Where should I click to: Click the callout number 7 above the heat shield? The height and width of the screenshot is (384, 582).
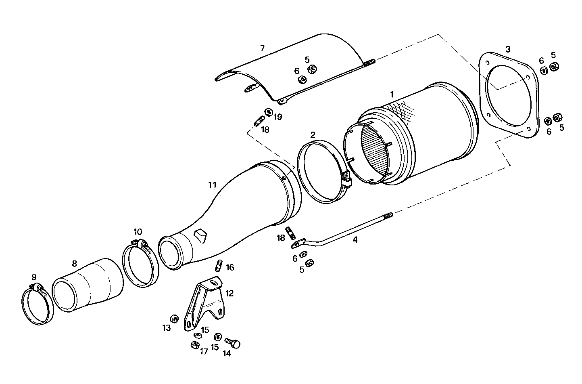pyautogui.click(x=262, y=48)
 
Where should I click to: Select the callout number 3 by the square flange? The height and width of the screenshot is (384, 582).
pyautogui.click(x=508, y=49)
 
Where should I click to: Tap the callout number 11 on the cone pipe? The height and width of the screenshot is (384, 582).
pyautogui.click(x=212, y=185)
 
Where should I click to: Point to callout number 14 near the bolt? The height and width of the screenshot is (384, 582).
pyautogui.click(x=227, y=353)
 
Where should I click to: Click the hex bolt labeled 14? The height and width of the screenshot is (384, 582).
pyautogui.click(x=233, y=343)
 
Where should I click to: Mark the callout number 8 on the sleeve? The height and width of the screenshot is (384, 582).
pyautogui.click(x=74, y=264)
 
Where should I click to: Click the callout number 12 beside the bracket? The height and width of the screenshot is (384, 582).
pyautogui.click(x=229, y=293)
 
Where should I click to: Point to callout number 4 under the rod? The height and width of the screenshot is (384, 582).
pyautogui.click(x=355, y=239)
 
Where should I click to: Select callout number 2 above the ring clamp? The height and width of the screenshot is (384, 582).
pyautogui.click(x=313, y=134)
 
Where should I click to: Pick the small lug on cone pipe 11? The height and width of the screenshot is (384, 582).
pyautogui.click(x=200, y=235)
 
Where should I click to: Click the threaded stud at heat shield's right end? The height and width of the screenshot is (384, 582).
pyautogui.click(x=370, y=62)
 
